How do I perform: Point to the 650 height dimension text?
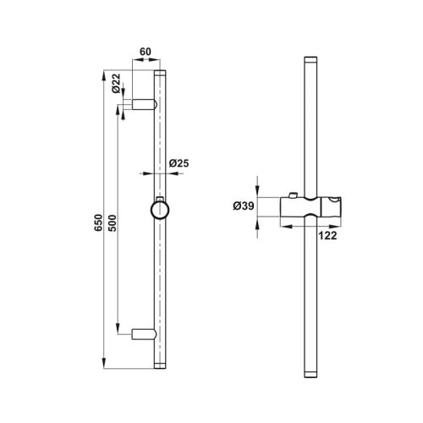(x=98, y=222)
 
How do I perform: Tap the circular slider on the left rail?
(x=158, y=210)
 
